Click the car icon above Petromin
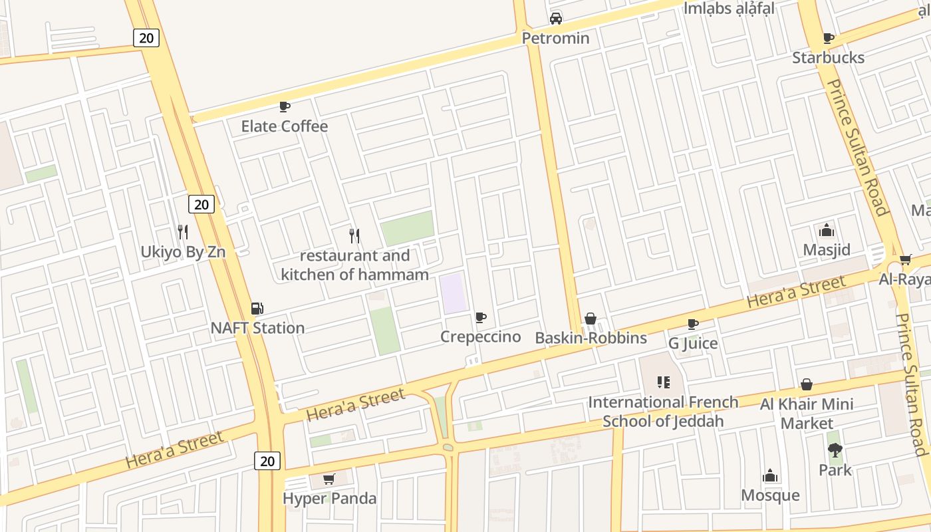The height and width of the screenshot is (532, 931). tap(556, 19)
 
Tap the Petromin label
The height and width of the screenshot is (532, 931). tap(555, 38)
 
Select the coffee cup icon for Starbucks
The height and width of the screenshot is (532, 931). tap(828, 39)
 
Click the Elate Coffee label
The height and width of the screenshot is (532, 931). tap(284, 126)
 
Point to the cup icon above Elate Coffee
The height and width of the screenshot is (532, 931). tap(284, 106)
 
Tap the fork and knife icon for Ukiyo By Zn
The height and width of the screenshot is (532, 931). tap(183, 232)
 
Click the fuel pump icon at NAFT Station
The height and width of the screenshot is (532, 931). tap(257, 308)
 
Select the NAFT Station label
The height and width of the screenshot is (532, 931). tap(257, 328)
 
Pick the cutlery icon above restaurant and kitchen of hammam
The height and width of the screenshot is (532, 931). tap(354, 235)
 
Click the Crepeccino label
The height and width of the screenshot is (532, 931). tap(480, 337)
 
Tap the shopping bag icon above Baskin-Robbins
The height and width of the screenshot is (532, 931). tap(590, 319)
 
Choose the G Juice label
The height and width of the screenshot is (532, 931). tap(693, 343)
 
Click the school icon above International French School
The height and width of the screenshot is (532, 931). tap(663, 382)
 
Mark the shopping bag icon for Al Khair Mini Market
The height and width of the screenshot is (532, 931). tap(807, 384)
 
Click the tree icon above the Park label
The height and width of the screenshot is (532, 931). tap(835, 450)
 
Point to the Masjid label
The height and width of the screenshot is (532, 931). tap(827, 250)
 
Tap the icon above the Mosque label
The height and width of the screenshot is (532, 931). tap(770, 475)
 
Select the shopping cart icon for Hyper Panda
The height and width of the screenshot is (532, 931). tap(329, 479)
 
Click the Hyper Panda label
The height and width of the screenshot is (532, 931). tap(329, 499)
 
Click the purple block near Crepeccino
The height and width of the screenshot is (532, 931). tap(453, 293)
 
